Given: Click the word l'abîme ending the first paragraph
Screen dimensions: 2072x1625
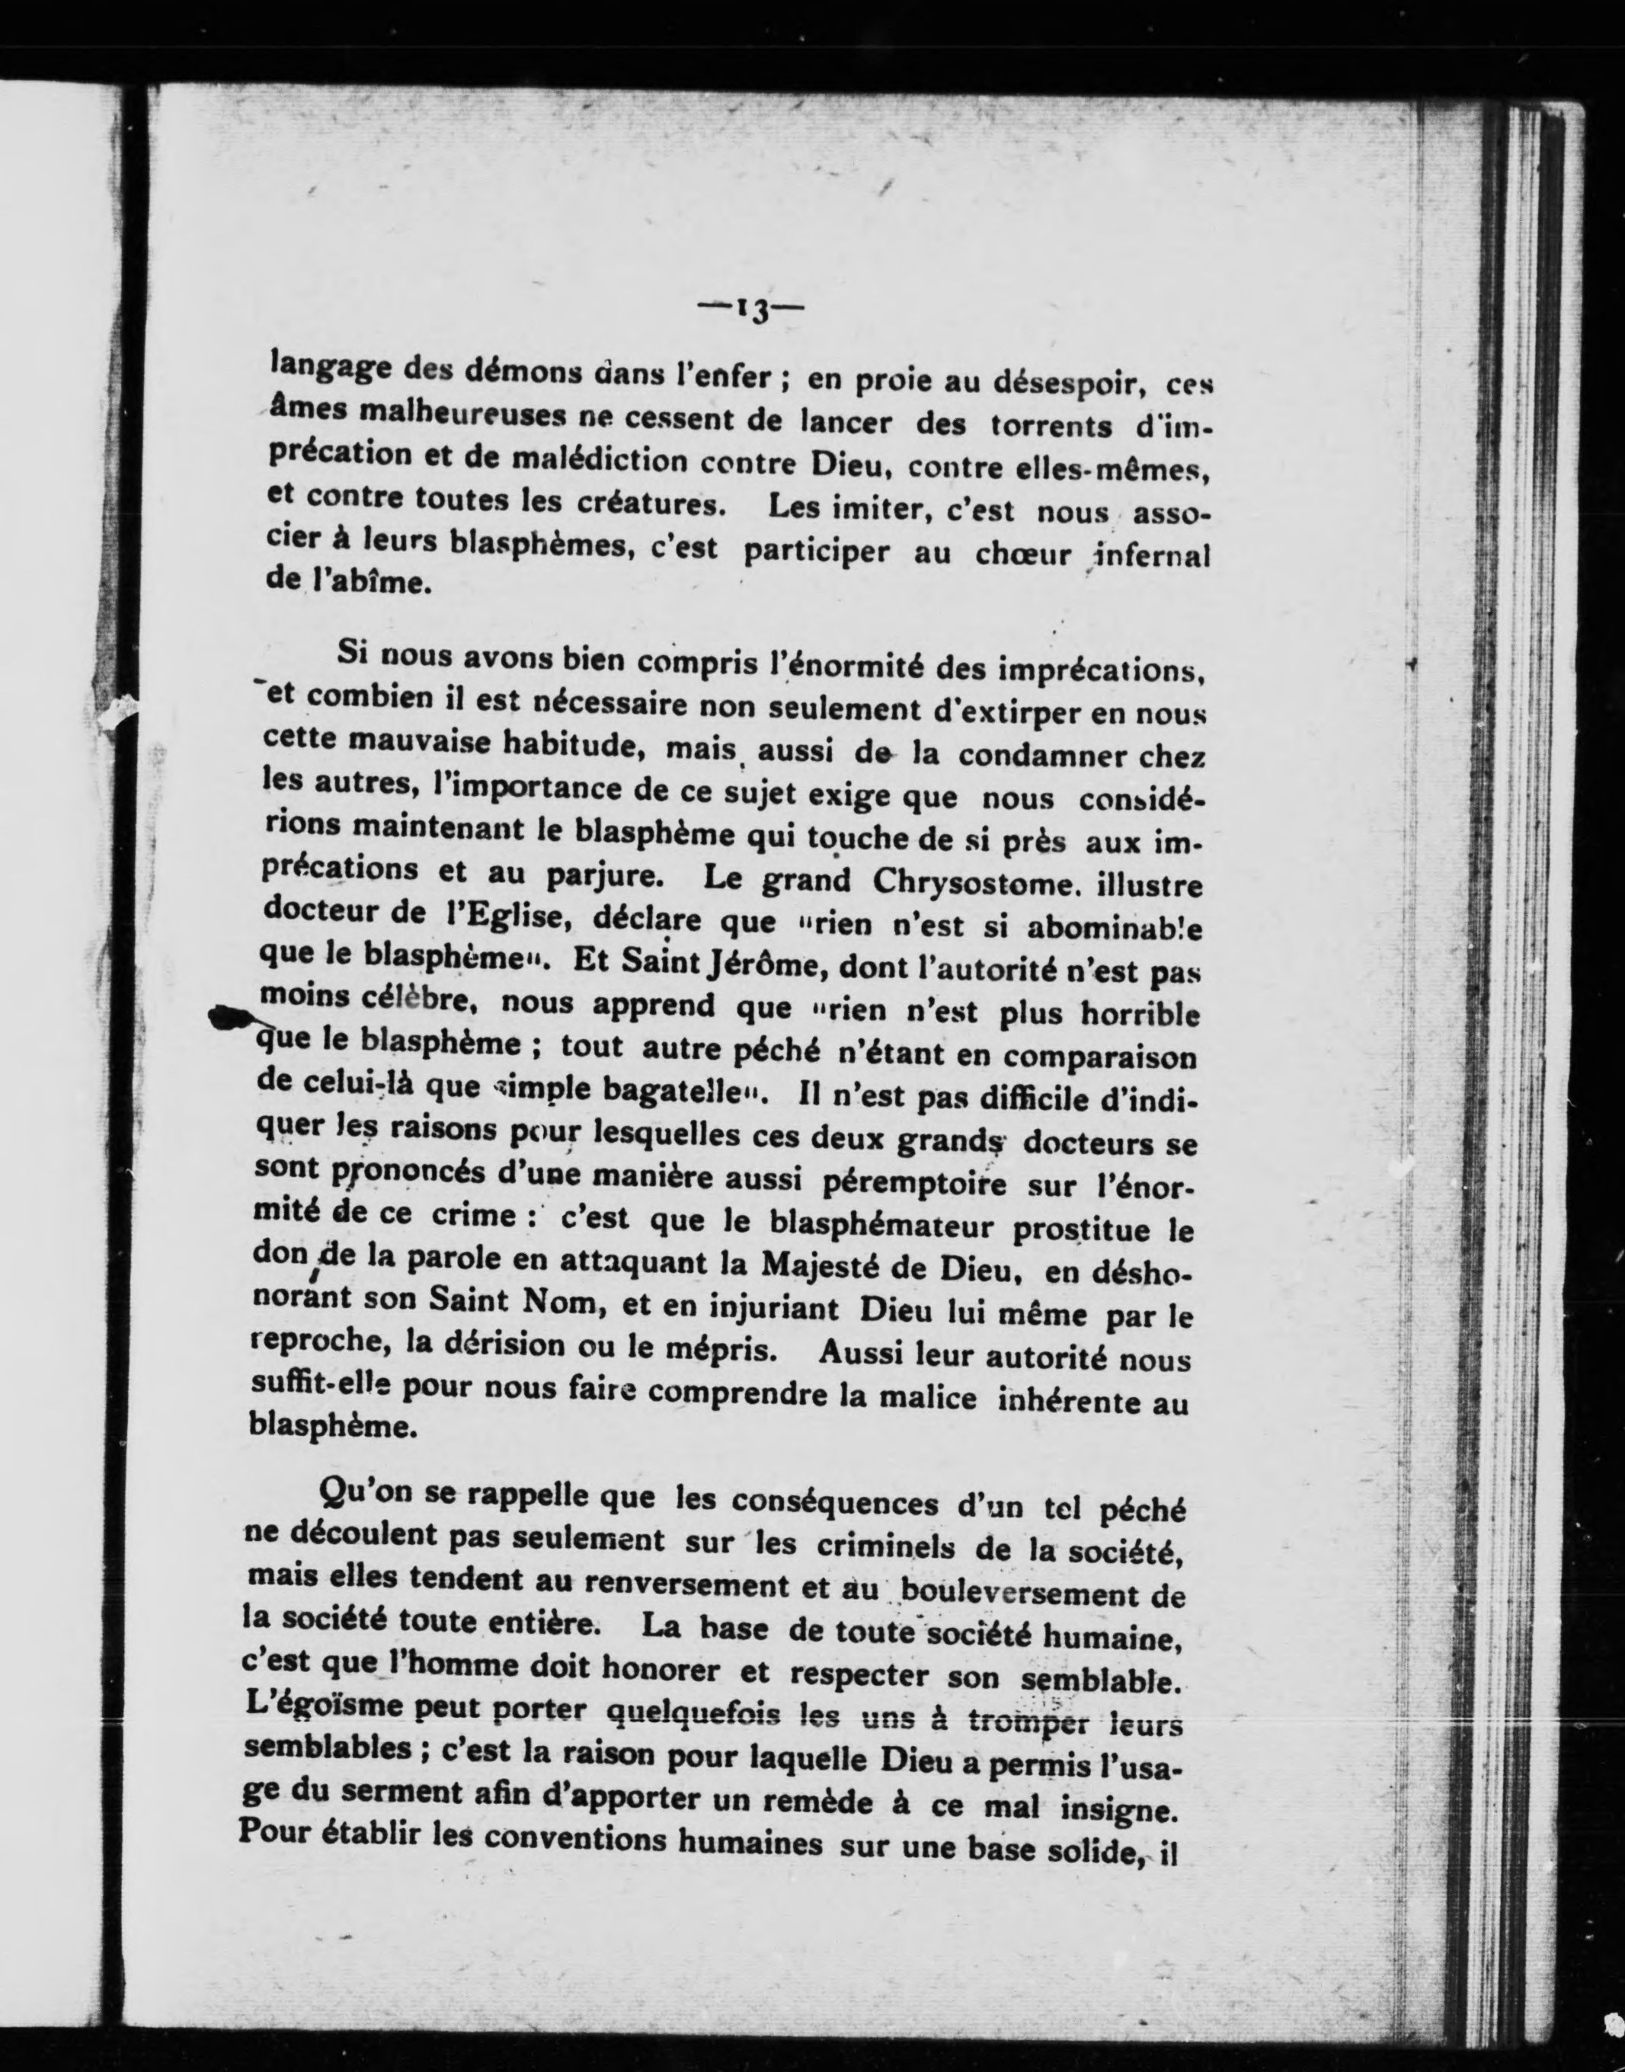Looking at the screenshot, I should point(366,582).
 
